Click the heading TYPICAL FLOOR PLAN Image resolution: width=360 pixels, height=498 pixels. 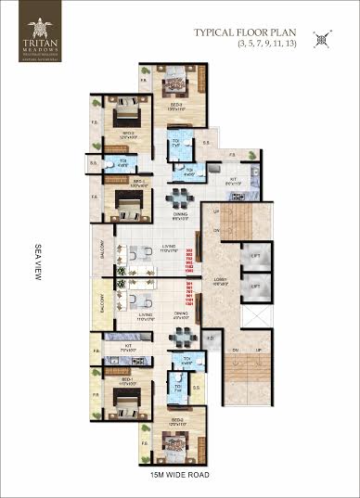[245, 33]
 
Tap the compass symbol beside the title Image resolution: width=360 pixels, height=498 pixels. [321, 38]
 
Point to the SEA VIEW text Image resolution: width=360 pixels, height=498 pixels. [37, 261]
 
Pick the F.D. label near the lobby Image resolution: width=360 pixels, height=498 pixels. [210, 338]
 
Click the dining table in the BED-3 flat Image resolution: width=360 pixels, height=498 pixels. [177, 198]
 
